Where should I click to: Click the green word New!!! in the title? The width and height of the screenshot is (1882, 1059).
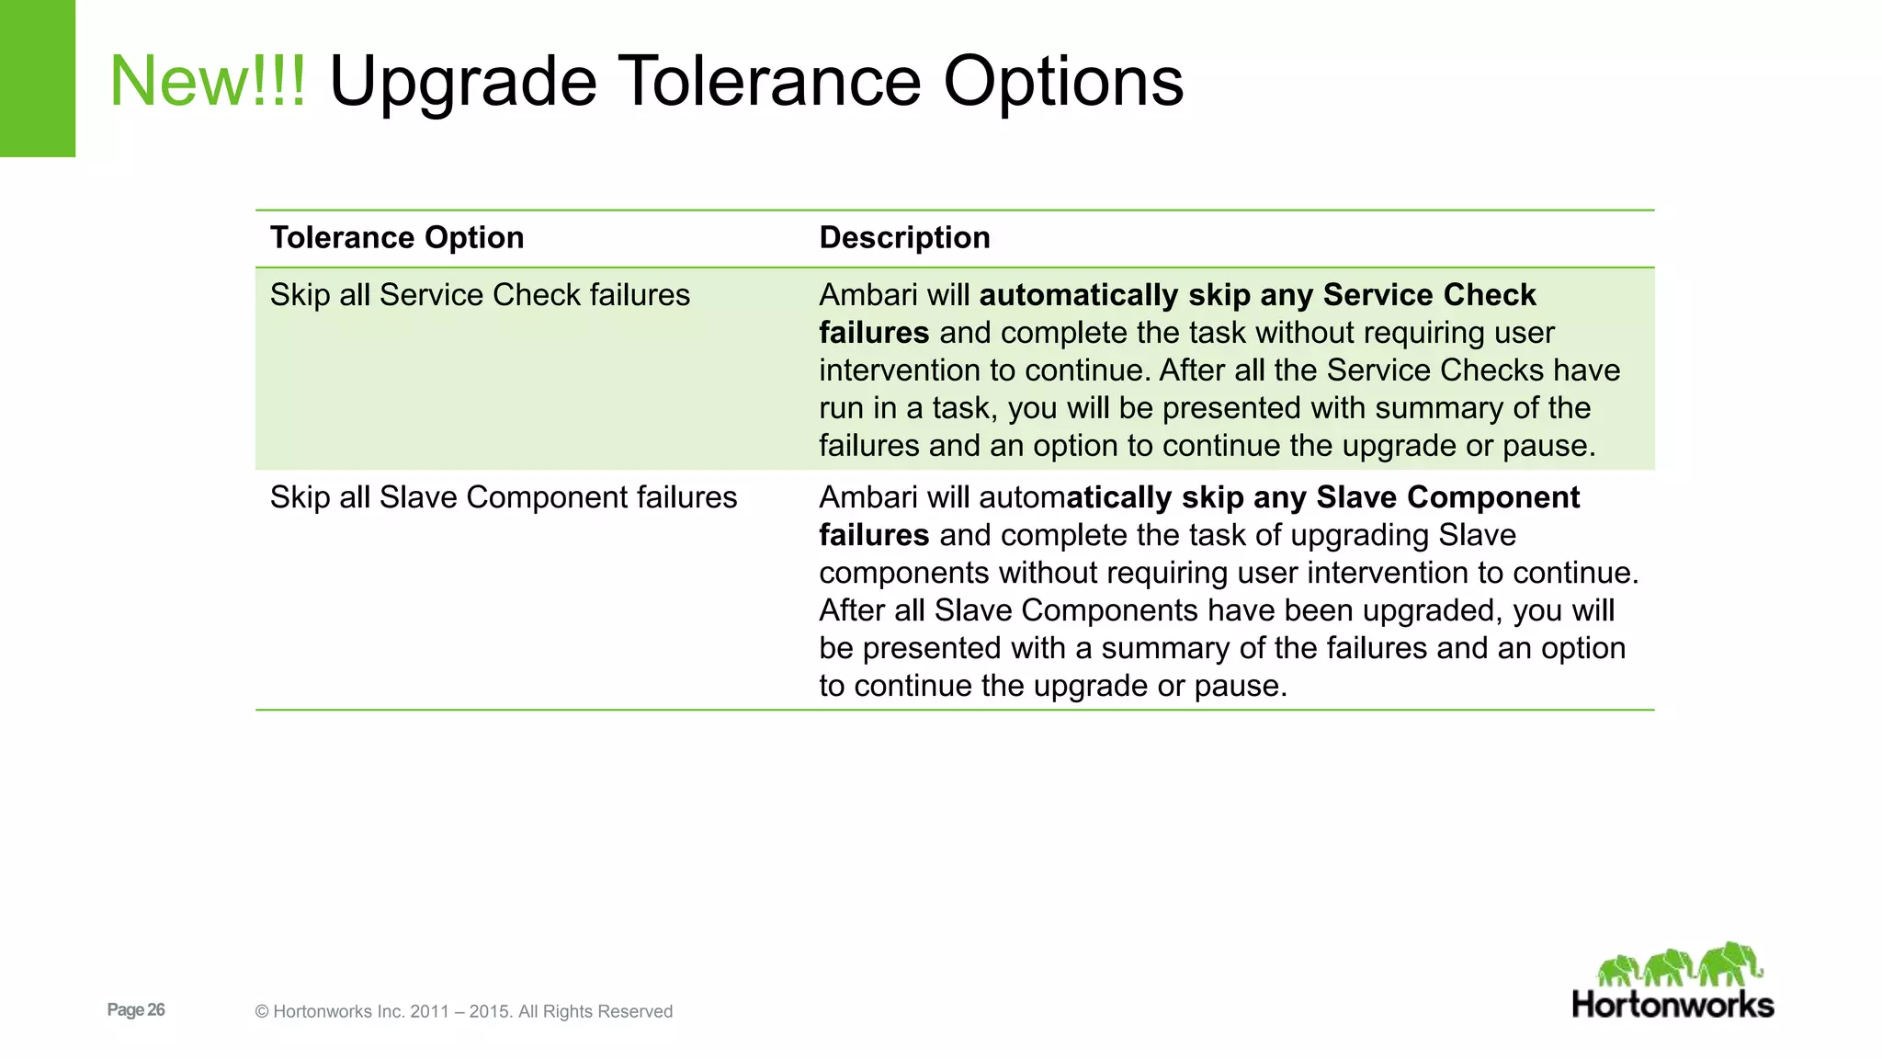tap(208, 81)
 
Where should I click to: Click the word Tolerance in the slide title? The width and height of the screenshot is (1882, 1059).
tap(770, 81)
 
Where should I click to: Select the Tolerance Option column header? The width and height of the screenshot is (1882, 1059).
tap(396, 238)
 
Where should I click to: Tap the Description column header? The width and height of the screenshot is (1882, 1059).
tap(904, 238)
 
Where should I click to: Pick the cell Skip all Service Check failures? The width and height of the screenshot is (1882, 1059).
tap(480, 295)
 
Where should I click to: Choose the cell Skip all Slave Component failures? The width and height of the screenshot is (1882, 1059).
tap(504, 497)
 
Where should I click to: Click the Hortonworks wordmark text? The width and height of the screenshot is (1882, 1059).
tap(1672, 1004)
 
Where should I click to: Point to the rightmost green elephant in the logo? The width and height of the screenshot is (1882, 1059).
tap(1730, 964)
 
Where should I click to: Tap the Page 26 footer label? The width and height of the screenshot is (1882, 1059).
tap(136, 1009)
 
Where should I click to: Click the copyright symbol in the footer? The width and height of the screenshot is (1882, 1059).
tap(262, 1012)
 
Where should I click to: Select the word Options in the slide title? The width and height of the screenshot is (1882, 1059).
tap(1063, 81)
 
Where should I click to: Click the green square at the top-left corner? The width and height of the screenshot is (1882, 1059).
tap(38, 78)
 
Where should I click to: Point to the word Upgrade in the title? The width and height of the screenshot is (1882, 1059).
tap(462, 81)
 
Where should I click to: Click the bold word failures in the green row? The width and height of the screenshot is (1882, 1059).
tap(874, 333)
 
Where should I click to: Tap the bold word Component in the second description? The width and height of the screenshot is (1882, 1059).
tap(1493, 497)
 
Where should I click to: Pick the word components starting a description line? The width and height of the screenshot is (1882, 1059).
tap(903, 573)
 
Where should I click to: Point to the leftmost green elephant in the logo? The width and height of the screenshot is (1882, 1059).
tap(1619, 971)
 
